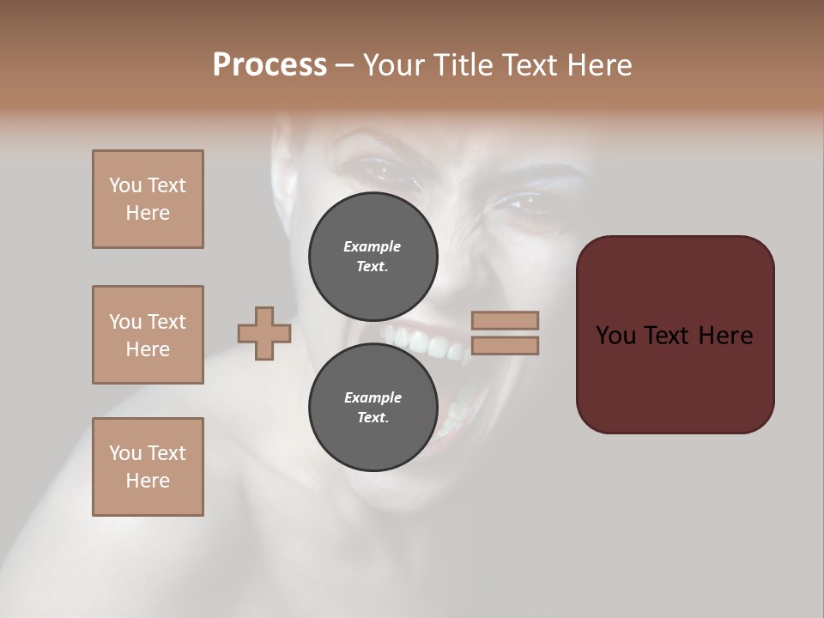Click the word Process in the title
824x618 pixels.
pyautogui.click(x=270, y=65)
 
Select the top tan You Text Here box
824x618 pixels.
pyautogui.click(x=148, y=199)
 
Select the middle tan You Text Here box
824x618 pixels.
pyautogui.click(x=148, y=335)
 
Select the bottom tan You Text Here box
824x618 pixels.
pyautogui.click(x=148, y=467)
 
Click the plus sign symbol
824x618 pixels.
pyautogui.click(x=264, y=333)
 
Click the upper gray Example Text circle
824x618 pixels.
pyautogui.click(x=373, y=256)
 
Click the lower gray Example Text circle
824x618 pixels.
pyautogui.click(x=373, y=407)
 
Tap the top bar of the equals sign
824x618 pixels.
pyautogui.click(x=505, y=320)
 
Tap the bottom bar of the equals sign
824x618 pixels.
pyautogui.click(x=505, y=345)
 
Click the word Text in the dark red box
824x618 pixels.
pyautogui.click(x=669, y=336)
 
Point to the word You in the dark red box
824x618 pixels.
pyautogui.click(x=615, y=336)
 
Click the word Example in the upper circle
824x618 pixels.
pyautogui.click(x=372, y=246)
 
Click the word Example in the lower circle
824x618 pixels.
pyautogui.click(x=373, y=397)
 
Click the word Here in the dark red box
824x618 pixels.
pyautogui.click(x=726, y=336)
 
